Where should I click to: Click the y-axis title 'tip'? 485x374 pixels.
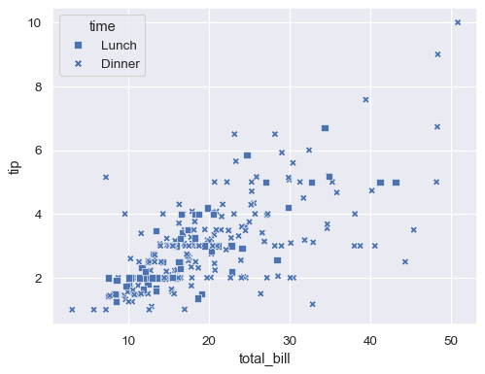[14, 166]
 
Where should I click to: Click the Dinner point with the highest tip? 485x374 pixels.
[458, 22]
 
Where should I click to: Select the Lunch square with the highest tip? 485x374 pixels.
[325, 128]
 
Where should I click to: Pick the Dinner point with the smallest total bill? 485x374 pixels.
[72, 310]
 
